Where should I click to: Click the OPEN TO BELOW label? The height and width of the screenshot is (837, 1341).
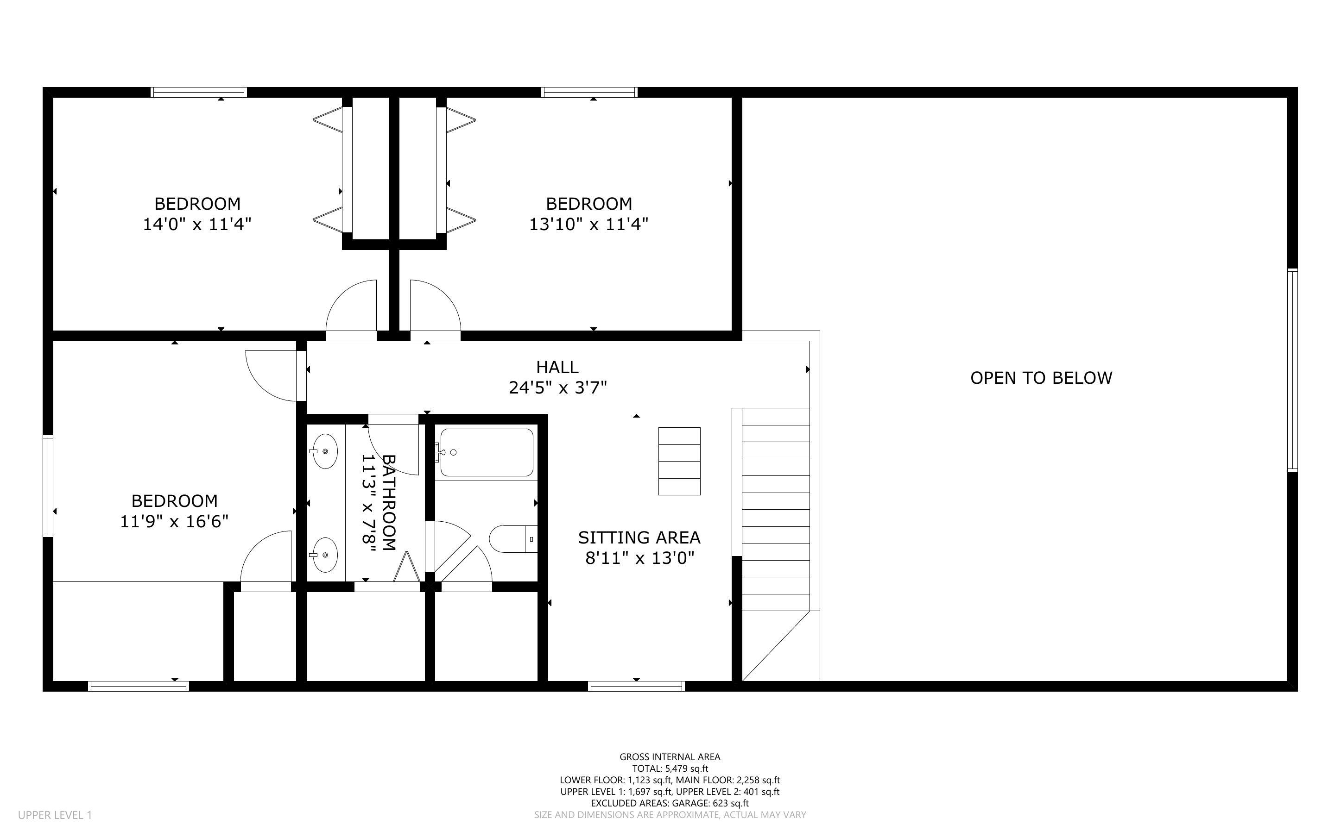click(x=1041, y=378)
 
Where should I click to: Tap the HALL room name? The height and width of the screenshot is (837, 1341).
click(x=557, y=367)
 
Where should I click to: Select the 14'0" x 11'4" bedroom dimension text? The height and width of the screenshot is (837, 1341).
click(x=197, y=224)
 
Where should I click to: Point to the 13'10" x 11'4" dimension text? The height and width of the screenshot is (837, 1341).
click(x=589, y=224)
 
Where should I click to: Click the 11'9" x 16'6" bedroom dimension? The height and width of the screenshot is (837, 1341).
click(x=175, y=521)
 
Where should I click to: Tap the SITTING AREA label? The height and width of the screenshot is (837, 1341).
click(x=639, y=537)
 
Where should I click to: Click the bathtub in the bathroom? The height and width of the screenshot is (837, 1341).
click(x=487, y=452)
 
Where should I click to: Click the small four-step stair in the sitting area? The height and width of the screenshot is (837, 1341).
click(x=679, y=461)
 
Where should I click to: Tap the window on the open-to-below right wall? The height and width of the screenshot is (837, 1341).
click(x=1292, y=370)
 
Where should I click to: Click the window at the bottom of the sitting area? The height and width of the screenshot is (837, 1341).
click(x=636, y=687)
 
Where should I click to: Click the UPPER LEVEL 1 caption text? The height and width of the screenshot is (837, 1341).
click(x=55, y=815)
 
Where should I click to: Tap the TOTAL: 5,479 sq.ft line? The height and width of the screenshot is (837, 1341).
click(x=670, y=768)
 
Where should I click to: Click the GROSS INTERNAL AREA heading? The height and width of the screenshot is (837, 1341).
click(x=670, y=757)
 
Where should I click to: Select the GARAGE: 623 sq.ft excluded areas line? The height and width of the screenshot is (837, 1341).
click(x=670, y=803)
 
